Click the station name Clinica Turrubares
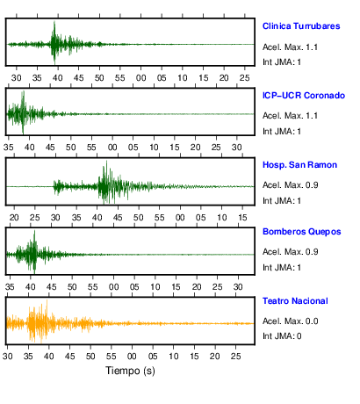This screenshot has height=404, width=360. (x=301, y=26)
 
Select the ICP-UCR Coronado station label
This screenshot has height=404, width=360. (x=304, y=96)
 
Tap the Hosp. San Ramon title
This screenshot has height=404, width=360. (x=299, y=165)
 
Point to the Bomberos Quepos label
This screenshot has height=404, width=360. (x=302, y=232)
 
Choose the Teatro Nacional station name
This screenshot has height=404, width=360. (x=295, y=301)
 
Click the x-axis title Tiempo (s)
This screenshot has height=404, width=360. (x=130, y=371)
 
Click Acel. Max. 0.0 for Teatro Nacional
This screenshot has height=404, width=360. (x=290, y=321)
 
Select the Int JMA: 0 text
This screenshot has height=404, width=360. (x=282, y=336)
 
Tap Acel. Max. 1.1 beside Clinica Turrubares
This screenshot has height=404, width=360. (x=290, y=47)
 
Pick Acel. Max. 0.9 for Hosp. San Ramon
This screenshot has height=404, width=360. (x=290, y=185)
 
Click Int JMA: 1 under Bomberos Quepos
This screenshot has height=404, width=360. (x=282, y=268)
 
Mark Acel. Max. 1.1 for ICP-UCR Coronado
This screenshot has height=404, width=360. (x=290, y=116)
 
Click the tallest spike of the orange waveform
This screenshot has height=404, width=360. (x=47, y=300)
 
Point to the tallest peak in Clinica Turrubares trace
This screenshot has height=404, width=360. (x=54, y=22)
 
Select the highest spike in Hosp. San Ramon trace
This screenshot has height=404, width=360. (x=106, y=162)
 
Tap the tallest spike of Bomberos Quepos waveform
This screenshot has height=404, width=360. (x=34, y=231)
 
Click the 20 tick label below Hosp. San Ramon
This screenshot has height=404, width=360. (x=14, y=218)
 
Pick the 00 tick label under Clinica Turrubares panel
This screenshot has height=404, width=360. (x=140, y=78)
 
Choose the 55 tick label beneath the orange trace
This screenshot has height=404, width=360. (x=112, y=357)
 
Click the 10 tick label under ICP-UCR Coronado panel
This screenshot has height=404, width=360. (x=154, y=148)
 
